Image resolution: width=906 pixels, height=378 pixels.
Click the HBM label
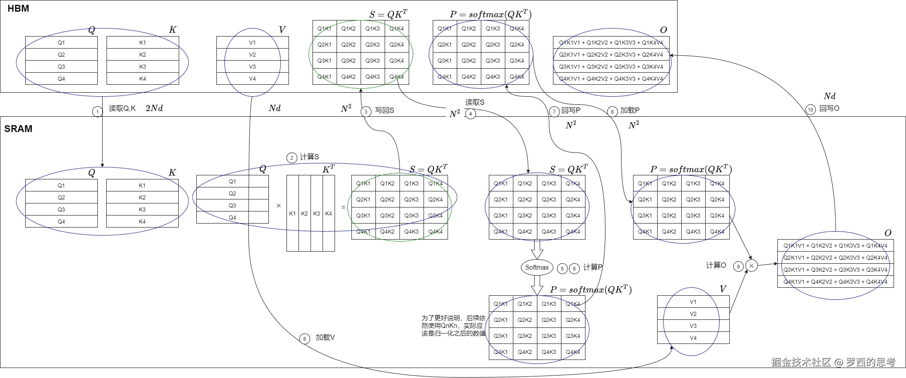click(x=18, y=8)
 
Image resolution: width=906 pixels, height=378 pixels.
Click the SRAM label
click(x=18, y=129)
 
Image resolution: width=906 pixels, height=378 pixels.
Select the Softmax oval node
click(x=537, y=267)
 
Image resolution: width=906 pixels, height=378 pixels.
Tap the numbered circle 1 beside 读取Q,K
click(x=97, y=112)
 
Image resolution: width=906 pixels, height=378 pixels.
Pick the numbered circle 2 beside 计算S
click(x=292, y=158)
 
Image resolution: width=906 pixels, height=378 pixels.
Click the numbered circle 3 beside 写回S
click(x=366, y=112)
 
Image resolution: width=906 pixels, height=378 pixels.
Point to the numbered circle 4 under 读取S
click(x=470, y=114)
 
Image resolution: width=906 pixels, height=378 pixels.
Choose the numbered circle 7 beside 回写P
click(x=554, y=112)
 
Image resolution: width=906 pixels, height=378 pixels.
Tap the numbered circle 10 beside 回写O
click(x=811, y=110)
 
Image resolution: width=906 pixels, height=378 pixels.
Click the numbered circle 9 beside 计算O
click(x=739, y=266)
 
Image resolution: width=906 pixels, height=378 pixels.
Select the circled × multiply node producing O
click(x=751, y=266)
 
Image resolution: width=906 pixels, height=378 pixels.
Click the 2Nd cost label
click(x=154, y=108)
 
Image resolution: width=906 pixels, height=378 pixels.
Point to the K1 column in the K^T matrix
click(x=293, y=213)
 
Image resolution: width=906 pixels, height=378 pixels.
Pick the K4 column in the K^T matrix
click(x=329, y=213)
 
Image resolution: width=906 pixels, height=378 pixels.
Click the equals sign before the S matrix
click(x=343, y=207)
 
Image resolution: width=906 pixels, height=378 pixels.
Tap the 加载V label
click(x=325, y=338)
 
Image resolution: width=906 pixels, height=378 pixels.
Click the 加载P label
click(x=630, y=110)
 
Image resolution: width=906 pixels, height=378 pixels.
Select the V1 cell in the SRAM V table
click(x=693, y=302)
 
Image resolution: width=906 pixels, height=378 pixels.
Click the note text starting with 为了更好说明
click(x=453, y=325)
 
